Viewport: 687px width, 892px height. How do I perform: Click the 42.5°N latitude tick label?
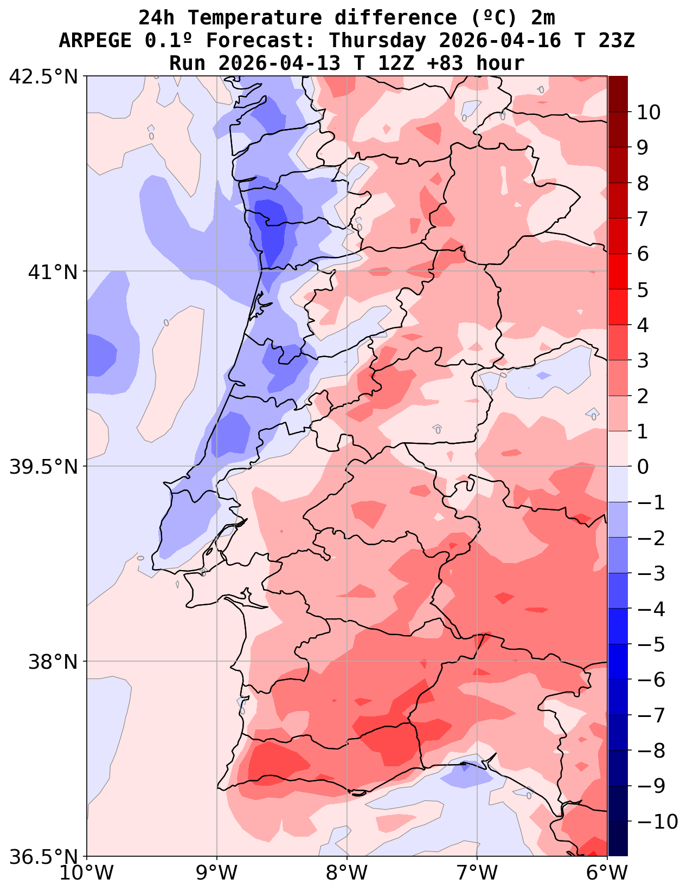tap(44, 76)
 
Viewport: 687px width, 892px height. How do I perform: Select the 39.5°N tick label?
tap(44, 467)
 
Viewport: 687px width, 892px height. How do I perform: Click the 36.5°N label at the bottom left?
tap(44, 857)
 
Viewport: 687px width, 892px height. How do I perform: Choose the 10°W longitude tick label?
tap(87, 873)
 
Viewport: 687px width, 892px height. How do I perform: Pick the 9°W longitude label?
tap(217, 873)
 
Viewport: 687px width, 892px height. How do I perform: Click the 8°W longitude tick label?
tap(347, 873)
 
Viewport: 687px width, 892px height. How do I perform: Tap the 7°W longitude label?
tap(477, 873)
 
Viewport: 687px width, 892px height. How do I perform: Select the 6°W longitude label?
tap(607, 873)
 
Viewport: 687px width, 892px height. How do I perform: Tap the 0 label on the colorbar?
tap(643, 467)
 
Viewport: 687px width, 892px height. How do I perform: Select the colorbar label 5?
tap(643, 290)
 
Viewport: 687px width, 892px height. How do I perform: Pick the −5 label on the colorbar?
tap(651, 644)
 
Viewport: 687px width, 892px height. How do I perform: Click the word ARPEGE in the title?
tap(95, 41)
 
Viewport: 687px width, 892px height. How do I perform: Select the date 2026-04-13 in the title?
tap(280, 63)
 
